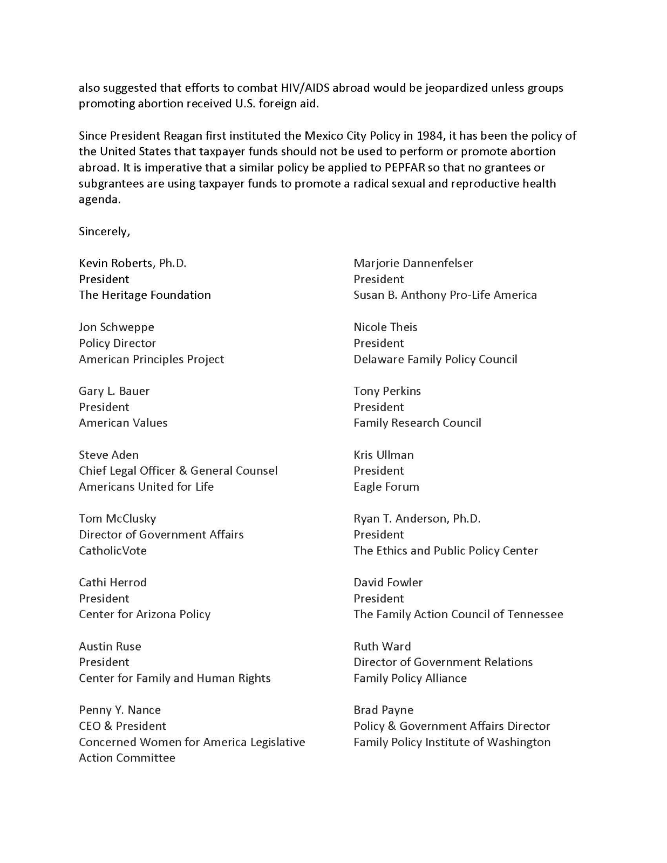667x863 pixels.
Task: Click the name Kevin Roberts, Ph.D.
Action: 132,263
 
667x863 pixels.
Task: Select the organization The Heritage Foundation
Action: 145,295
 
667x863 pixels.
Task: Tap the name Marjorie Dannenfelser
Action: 413,263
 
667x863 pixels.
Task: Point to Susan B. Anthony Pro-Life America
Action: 445,295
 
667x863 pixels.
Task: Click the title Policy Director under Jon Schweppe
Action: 117,343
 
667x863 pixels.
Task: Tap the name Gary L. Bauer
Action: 114,391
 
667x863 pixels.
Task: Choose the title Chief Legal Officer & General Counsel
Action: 178,470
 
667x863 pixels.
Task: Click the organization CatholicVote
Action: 112,551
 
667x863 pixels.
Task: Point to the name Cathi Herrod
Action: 112,583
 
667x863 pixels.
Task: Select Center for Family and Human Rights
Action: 174,678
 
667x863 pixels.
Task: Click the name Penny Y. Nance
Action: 119,710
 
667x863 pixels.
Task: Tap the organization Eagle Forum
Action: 386,487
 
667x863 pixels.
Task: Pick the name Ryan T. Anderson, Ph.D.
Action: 417,519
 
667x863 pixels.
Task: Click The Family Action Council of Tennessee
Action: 458,614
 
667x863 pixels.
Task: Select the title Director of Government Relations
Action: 443,662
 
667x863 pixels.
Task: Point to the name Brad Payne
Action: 383,710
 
